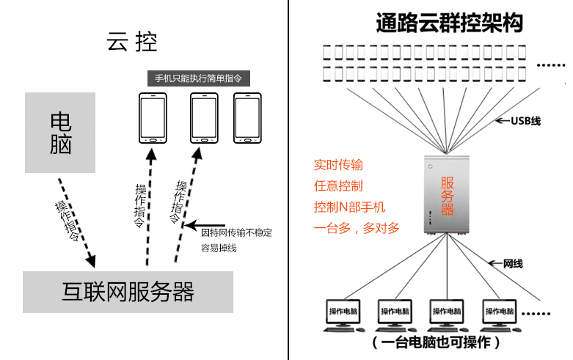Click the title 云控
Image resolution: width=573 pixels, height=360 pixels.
(133, 41)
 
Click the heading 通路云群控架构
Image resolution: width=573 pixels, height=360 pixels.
(449, 23)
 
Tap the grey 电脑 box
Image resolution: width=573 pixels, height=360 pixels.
(60, 133)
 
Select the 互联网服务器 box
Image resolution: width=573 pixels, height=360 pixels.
(128, 292)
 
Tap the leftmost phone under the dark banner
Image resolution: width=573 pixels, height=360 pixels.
(153, 118)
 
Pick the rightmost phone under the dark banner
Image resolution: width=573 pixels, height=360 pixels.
(248, 118)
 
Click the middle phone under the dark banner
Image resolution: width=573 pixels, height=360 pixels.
(205, 118)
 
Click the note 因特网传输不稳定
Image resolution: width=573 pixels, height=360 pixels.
(236, 232)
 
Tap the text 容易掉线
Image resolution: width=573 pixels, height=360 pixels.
(219, 248)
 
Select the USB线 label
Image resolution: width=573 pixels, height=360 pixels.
(525, 120)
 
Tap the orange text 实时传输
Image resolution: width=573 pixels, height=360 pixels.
(338, 164)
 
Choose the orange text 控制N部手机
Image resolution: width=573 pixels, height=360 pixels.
(349, 207)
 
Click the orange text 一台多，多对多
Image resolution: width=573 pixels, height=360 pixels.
(357, 228)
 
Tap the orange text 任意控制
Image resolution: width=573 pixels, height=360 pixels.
(338, 185)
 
